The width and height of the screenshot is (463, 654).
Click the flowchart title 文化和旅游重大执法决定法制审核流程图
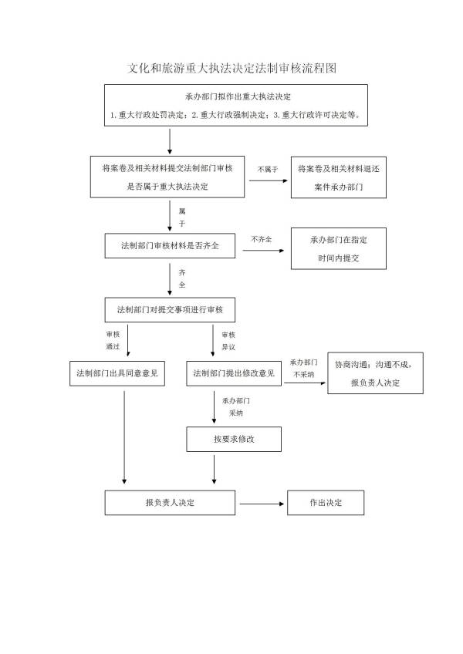[231, 68]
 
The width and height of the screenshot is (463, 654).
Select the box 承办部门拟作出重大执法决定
[237, 106]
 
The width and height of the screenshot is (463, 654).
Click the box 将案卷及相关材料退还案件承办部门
[339, 178]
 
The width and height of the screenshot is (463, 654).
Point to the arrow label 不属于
[268, 169]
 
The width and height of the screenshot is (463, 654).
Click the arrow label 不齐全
[262, 240]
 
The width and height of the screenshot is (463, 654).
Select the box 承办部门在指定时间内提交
[339, 248]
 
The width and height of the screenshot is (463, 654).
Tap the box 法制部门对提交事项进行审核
[170, 310]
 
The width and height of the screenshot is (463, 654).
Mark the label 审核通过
[113, 341]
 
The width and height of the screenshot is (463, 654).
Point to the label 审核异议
[228, 341]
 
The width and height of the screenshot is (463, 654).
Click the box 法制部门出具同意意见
[117, 373]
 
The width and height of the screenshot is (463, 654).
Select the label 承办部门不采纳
[303, 368]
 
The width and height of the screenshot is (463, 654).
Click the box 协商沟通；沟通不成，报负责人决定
[375, 374]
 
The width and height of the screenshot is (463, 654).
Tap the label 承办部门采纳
[236, 407]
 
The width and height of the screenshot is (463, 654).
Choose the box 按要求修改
[234, 439]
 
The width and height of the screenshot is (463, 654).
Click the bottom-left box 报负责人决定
[170, 503]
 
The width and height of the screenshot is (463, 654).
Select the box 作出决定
[326, 503]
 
